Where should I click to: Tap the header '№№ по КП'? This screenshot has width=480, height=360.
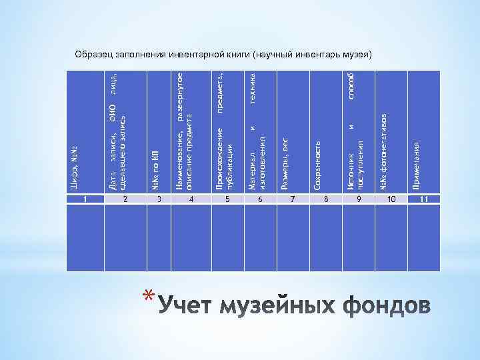155,164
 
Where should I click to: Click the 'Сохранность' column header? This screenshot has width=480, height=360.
319,164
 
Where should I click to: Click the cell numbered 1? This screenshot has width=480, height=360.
85,199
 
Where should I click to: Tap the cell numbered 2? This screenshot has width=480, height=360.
123,199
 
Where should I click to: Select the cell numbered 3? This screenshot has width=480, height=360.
159,199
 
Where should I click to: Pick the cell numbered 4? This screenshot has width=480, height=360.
191,199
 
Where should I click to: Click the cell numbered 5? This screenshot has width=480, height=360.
227,199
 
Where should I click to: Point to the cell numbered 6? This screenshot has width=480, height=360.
260,199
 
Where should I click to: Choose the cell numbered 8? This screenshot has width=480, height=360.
326,199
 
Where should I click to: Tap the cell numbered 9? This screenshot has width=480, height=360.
358,199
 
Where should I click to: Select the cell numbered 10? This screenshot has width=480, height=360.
391,199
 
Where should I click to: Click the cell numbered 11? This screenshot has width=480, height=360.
425,199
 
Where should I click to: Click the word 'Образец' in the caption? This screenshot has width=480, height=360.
95,53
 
